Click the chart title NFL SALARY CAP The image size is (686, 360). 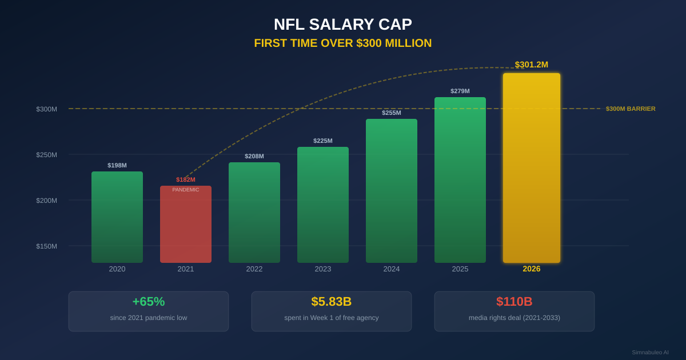tap(342, 25)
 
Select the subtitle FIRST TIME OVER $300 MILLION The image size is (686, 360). tap(342, 43)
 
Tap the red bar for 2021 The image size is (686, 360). tap(186, 229)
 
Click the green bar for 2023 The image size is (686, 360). tap(323, 206)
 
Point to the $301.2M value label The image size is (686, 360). tap(532, 65)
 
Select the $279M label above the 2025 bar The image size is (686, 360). tap(460, 91)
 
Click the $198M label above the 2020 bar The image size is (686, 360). tap(117, 165)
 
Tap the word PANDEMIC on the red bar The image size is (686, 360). tap(186, 190)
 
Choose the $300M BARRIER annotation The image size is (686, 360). tap(631, 109)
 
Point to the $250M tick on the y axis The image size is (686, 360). tap(47, 155)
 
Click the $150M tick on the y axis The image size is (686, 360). tap(47, 246)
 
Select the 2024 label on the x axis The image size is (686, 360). tap(392, 269)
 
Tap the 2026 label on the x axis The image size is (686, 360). tap(532, 269)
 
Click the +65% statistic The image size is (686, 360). tap(149, 302)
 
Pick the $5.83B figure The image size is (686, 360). tap(332, 302)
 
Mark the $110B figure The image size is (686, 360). tap(514, 302)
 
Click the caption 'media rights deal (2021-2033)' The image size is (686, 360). tap(514, 318)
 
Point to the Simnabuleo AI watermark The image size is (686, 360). tap(650, 353)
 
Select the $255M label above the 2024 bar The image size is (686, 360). tap(392, 113)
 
